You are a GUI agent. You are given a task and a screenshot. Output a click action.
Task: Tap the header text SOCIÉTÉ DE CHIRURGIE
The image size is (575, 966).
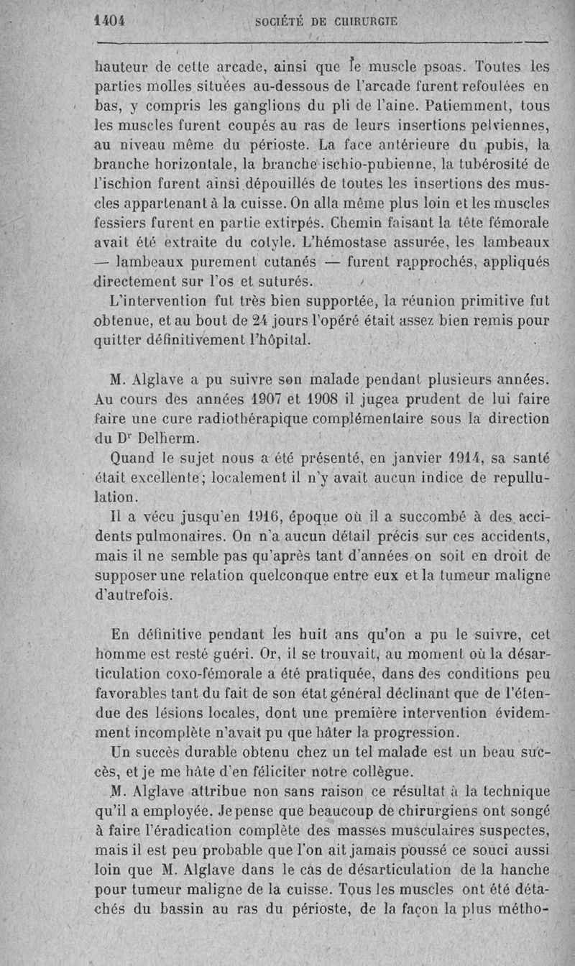point(327,22)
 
